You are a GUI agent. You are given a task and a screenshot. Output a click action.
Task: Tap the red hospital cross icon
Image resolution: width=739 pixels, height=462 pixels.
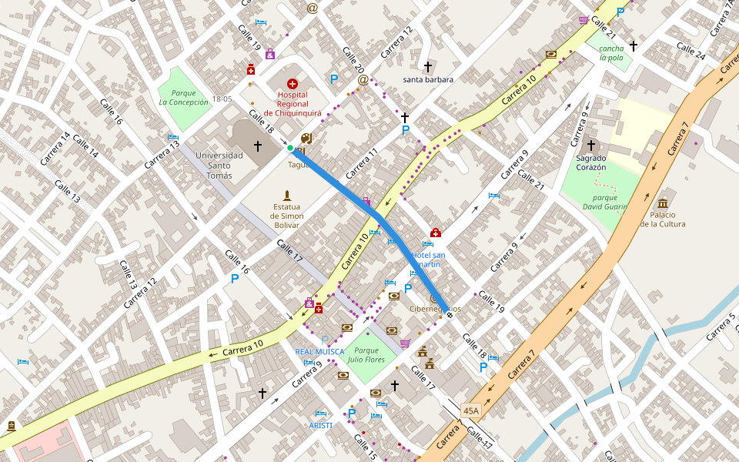tap(292, 83)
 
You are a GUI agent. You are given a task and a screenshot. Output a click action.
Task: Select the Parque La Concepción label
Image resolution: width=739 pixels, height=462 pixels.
tap(184, 97)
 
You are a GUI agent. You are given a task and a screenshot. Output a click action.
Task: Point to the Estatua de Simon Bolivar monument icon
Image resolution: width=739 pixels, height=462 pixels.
tap(287, 195)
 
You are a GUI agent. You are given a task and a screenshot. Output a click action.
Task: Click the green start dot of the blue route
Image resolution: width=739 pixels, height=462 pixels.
tap(290, 148)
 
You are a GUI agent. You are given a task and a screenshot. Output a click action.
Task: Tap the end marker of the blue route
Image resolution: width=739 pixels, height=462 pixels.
tap(450, 315)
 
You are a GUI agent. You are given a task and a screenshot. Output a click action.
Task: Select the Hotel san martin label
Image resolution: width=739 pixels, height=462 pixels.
tap(428, 259)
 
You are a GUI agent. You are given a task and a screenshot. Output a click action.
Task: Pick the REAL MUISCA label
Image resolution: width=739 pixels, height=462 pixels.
tap(319, 351)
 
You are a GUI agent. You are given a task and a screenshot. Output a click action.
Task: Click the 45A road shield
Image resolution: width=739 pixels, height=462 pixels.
tap(471, 410)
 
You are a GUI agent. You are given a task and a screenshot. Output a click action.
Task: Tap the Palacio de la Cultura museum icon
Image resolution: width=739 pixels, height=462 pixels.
tap(662, 203)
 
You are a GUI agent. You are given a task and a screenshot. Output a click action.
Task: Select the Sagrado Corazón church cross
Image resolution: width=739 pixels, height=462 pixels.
tap(591, 145)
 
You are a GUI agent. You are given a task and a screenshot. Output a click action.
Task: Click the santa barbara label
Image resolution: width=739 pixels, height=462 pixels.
tap(428, 79)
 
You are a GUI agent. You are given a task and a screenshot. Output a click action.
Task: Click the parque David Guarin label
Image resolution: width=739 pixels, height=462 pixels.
tap(605, 202)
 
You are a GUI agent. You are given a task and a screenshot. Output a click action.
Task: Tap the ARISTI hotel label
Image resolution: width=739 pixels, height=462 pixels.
tap(320, 425)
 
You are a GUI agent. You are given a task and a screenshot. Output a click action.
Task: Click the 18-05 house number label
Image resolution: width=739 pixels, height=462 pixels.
tap(222, 99)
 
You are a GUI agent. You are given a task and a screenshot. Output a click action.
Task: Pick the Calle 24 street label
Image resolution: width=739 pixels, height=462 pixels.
tap(691, 52)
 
